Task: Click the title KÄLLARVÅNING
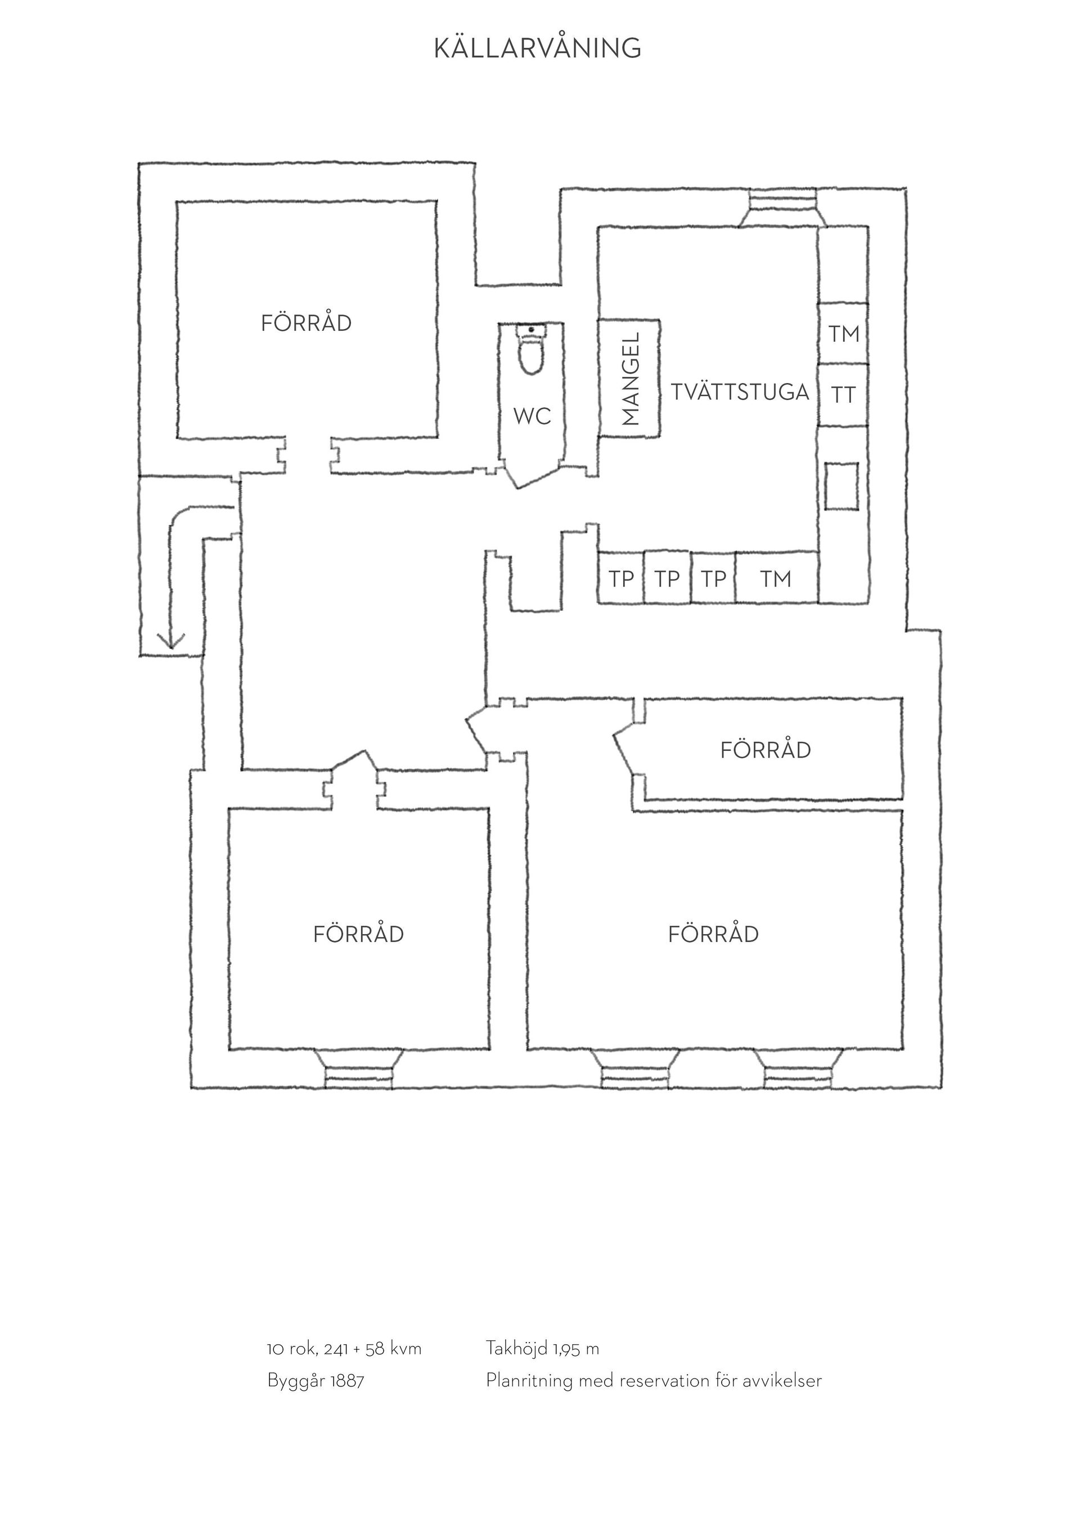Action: pos(537,47)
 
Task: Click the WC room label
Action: pos(532,416)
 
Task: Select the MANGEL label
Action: pos(630,379)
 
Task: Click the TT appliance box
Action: pos(843,395)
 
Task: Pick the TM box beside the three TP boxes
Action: pos(776,578)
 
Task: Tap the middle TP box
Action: pos(667,578)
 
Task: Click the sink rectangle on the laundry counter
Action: pos(841,485)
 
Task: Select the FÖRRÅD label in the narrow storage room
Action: pos(766,750)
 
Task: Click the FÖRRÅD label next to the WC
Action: pos(306,323)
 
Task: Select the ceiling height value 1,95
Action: pos(566,1348)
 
